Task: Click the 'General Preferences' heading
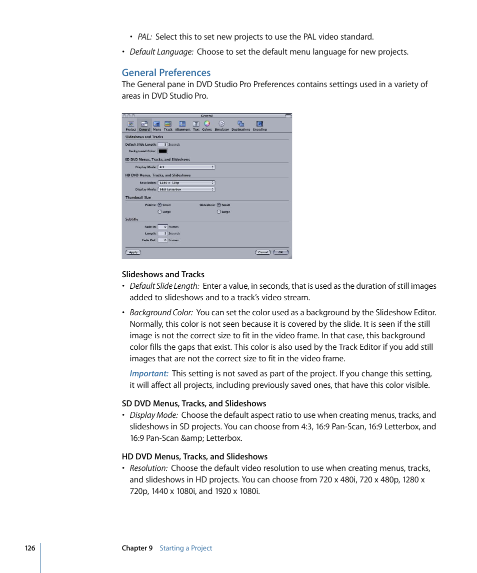tap(166, 73)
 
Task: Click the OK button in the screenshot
tap(280, 252)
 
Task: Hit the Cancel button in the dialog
tap(263, 252)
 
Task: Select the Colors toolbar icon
tap(207, 125)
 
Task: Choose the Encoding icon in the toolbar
tap(259, 125)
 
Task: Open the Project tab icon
tap(130, 125)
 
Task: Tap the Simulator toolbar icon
tap(221, 125)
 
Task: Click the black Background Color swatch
tap(162, 151)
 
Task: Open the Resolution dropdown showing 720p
tap(186, 183)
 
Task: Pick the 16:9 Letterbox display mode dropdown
tap(186, 189)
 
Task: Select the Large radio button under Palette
tap(159, 212)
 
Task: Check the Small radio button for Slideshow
tap(219, 205)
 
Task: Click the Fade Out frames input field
tap(162, 240)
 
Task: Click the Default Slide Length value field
tap(162, 144)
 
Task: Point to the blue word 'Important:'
tap(149, 374)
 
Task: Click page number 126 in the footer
tap(30, 548)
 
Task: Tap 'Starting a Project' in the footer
tap(186, 548)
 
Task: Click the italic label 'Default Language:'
tap(161, 52)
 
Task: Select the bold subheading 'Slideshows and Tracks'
tap(163, 274)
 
